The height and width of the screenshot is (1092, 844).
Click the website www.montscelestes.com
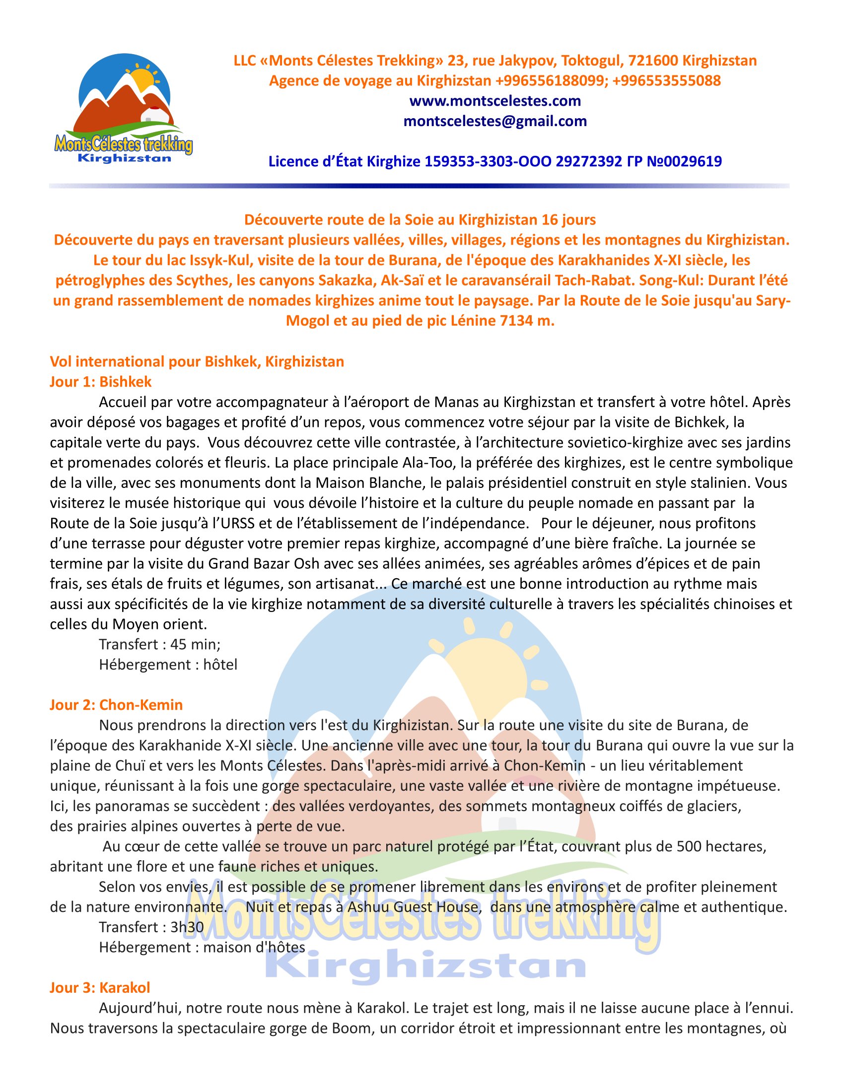(x=494, y=101)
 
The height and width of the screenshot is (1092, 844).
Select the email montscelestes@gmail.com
(x=494, y=121)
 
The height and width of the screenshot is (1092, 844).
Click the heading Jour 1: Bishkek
(x=100, y=382)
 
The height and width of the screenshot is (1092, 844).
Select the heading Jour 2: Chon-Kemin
(x=116, y=704)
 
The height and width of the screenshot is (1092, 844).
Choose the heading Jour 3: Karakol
(x=99, y=987)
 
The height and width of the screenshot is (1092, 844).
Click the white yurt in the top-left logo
(x=151, y=115)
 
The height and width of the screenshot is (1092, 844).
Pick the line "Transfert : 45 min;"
(x=159, y=644)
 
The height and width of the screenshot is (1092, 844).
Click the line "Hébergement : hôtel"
(x=168, y=664)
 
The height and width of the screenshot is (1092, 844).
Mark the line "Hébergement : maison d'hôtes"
(x=202, y=947)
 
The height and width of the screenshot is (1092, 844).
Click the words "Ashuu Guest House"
(x=413, y=906)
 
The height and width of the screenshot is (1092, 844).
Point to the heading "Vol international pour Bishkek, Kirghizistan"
(x=197, y=361)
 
